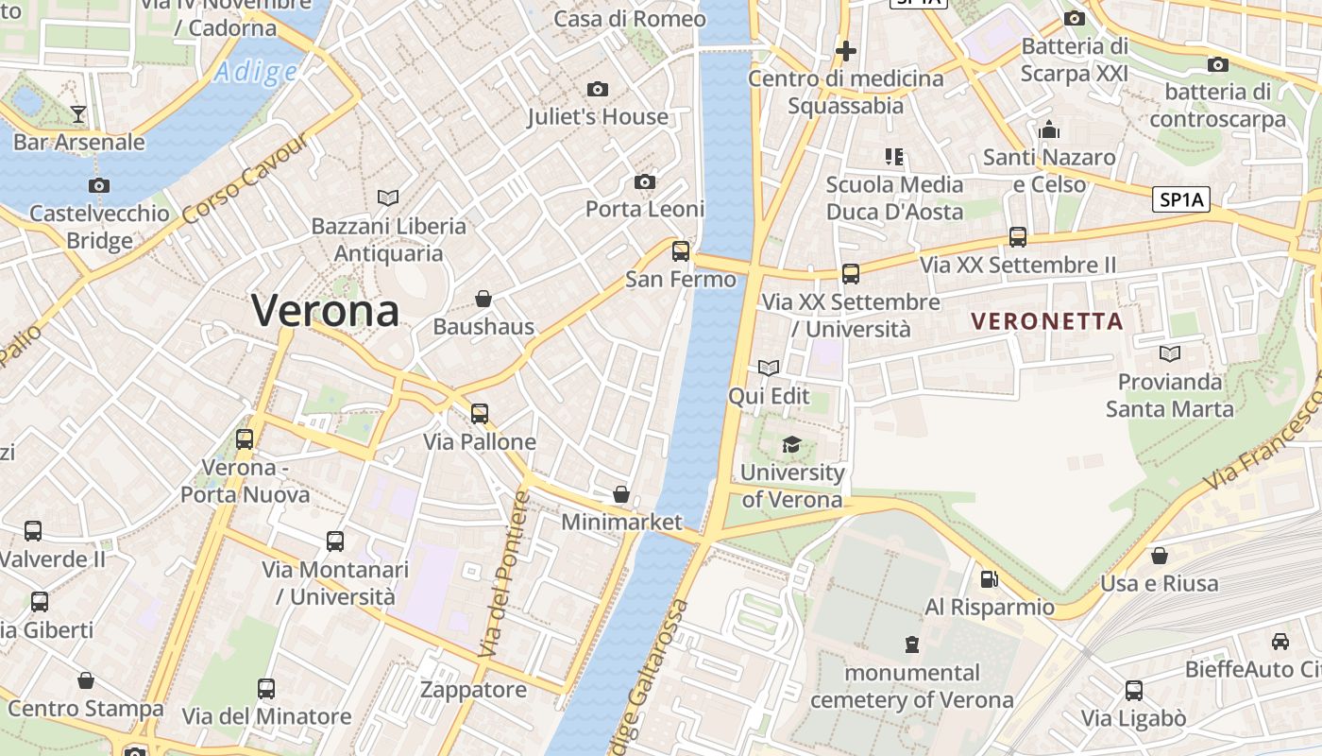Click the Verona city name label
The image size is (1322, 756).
point(326,311)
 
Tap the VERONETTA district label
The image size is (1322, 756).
point(1047,321)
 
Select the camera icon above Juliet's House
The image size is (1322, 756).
point(597,90)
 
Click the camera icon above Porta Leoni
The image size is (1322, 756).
point(645,181)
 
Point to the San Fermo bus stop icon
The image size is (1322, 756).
point(680,251)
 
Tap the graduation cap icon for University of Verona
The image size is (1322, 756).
point(791,444)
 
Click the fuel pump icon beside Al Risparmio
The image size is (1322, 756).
point(989,578)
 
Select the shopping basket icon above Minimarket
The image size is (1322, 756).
point(621,494)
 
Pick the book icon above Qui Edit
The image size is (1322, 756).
point(769,368)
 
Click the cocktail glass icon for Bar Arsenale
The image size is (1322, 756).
point(78,114)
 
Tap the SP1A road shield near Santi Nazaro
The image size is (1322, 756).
point(1181,199)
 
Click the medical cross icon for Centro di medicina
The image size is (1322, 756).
point(846,51)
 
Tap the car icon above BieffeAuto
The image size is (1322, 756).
point(1280,641)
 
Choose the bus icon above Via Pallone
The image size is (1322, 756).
point(480,413)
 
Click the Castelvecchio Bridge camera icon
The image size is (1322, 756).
point(98,185)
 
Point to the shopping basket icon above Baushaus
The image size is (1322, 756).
point(483,299)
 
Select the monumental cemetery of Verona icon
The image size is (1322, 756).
point(911,644)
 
